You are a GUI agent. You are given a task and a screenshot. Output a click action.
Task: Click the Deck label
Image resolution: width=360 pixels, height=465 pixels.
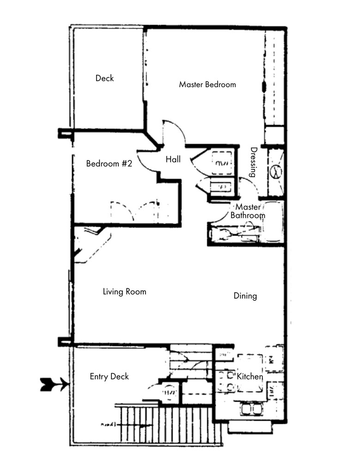tap(104, 78)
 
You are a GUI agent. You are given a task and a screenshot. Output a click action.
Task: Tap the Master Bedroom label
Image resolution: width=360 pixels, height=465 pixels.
tap(207, 85)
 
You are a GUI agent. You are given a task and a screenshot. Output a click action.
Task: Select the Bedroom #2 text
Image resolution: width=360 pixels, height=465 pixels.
tap(110, 163)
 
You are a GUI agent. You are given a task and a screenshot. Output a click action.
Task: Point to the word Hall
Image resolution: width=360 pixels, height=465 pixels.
tap(173, 160)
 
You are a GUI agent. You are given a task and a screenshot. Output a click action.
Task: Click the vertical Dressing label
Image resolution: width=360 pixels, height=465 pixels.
tap(253, 162)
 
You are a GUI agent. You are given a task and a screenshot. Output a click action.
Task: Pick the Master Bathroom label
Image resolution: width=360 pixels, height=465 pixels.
tap(248, 211)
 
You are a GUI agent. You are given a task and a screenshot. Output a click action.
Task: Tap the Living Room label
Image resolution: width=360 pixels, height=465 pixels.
tap(124, 291)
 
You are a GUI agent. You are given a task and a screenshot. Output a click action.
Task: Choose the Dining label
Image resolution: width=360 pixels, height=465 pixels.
tap(245, 296)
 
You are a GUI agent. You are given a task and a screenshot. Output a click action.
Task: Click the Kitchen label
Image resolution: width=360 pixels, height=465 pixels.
tap(250, 377)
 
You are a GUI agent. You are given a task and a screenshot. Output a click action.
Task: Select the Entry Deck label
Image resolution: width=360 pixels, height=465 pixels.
tap(109, 376)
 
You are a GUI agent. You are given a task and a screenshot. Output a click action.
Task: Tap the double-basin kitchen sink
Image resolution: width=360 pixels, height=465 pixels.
tap(251, 409)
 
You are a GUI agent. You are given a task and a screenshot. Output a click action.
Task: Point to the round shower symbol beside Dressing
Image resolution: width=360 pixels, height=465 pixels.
tap(276, 172)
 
